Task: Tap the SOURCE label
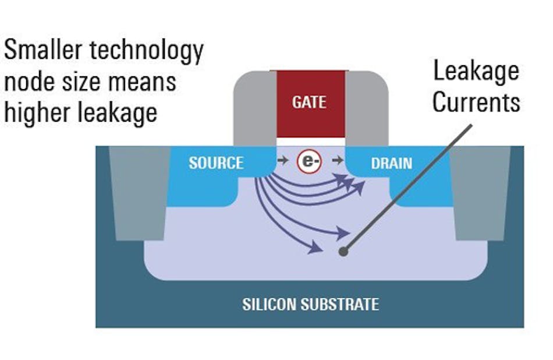click(x=215, y=163)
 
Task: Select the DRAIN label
click(x=391, y=163)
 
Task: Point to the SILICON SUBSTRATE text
click(x=310, y=304)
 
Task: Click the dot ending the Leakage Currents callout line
click(x=343, y=252)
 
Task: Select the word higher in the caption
click(x=36, y=112)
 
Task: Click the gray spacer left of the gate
click(x=254, y=108)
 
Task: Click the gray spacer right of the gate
click(x=367, y=108)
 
